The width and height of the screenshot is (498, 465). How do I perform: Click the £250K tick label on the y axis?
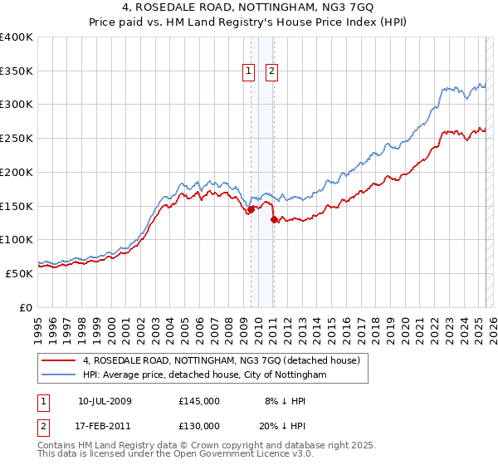[x=16, y=139]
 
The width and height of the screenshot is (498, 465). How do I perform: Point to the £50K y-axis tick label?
[x=18, y=273]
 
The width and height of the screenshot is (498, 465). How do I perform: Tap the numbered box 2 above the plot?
[x=271, y=72]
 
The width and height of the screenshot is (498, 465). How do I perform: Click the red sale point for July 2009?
[x=250, y=210]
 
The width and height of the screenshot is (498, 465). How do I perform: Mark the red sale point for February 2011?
[x=274, y=220]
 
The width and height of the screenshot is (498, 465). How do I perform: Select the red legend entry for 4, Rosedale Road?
[x=220, y=361]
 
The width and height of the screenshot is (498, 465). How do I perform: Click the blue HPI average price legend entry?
[x=204, y=375]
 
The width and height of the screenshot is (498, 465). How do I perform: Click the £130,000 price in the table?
[x=199, y=425]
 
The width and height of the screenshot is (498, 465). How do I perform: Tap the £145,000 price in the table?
[x=199, y=402]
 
